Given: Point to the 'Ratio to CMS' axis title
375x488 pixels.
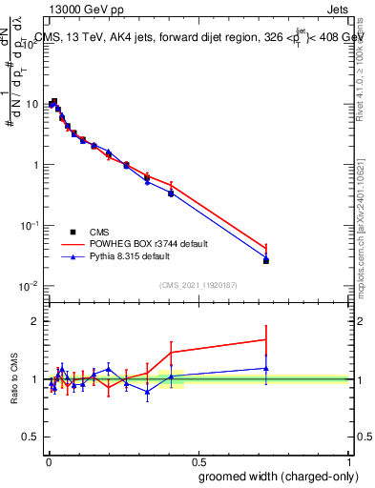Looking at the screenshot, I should click(x=14, y=378).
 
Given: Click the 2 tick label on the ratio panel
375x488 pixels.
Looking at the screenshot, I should click(x=35, y=321).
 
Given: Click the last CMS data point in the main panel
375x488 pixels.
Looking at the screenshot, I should click(x=266, y=260).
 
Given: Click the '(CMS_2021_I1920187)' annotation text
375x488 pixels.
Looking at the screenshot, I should click(x=198, y=284).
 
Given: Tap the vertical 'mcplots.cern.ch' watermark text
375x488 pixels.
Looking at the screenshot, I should click(x=365, y=229).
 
